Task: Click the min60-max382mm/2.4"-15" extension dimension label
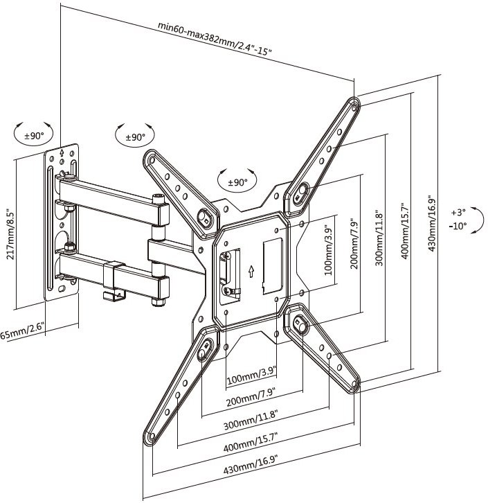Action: point(215,39)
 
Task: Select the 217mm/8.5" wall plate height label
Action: point(10,231)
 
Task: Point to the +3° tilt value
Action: point(458,213)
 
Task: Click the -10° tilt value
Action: point(458,226)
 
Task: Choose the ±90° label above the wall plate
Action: point(34,136)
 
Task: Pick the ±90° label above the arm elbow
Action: point(135,137)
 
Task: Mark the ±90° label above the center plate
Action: point(237,182)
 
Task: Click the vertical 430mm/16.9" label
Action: point(432,223)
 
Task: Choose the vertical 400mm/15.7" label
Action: point(405,231)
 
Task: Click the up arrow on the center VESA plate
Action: point(251,271)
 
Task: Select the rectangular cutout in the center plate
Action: point(272,266)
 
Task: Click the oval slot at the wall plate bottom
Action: point(62,289)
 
